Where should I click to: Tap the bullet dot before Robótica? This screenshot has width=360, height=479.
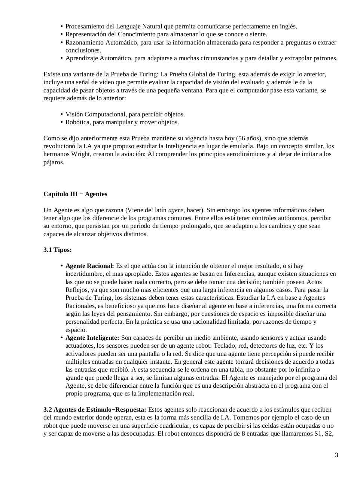pos(61,122)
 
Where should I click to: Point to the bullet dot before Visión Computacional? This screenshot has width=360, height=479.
pos(61,115)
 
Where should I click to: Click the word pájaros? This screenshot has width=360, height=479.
pos(54,162)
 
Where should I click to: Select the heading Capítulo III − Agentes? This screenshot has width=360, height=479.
pos(75,194)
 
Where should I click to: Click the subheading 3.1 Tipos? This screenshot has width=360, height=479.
pos(57,250)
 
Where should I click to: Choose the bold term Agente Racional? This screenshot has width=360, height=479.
pos(89,266)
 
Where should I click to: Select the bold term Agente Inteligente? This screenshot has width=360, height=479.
pos(92,338)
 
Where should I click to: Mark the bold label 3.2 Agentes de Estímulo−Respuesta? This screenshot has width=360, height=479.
pos(94,409)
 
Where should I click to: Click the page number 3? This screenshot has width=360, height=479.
pos(336,455)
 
